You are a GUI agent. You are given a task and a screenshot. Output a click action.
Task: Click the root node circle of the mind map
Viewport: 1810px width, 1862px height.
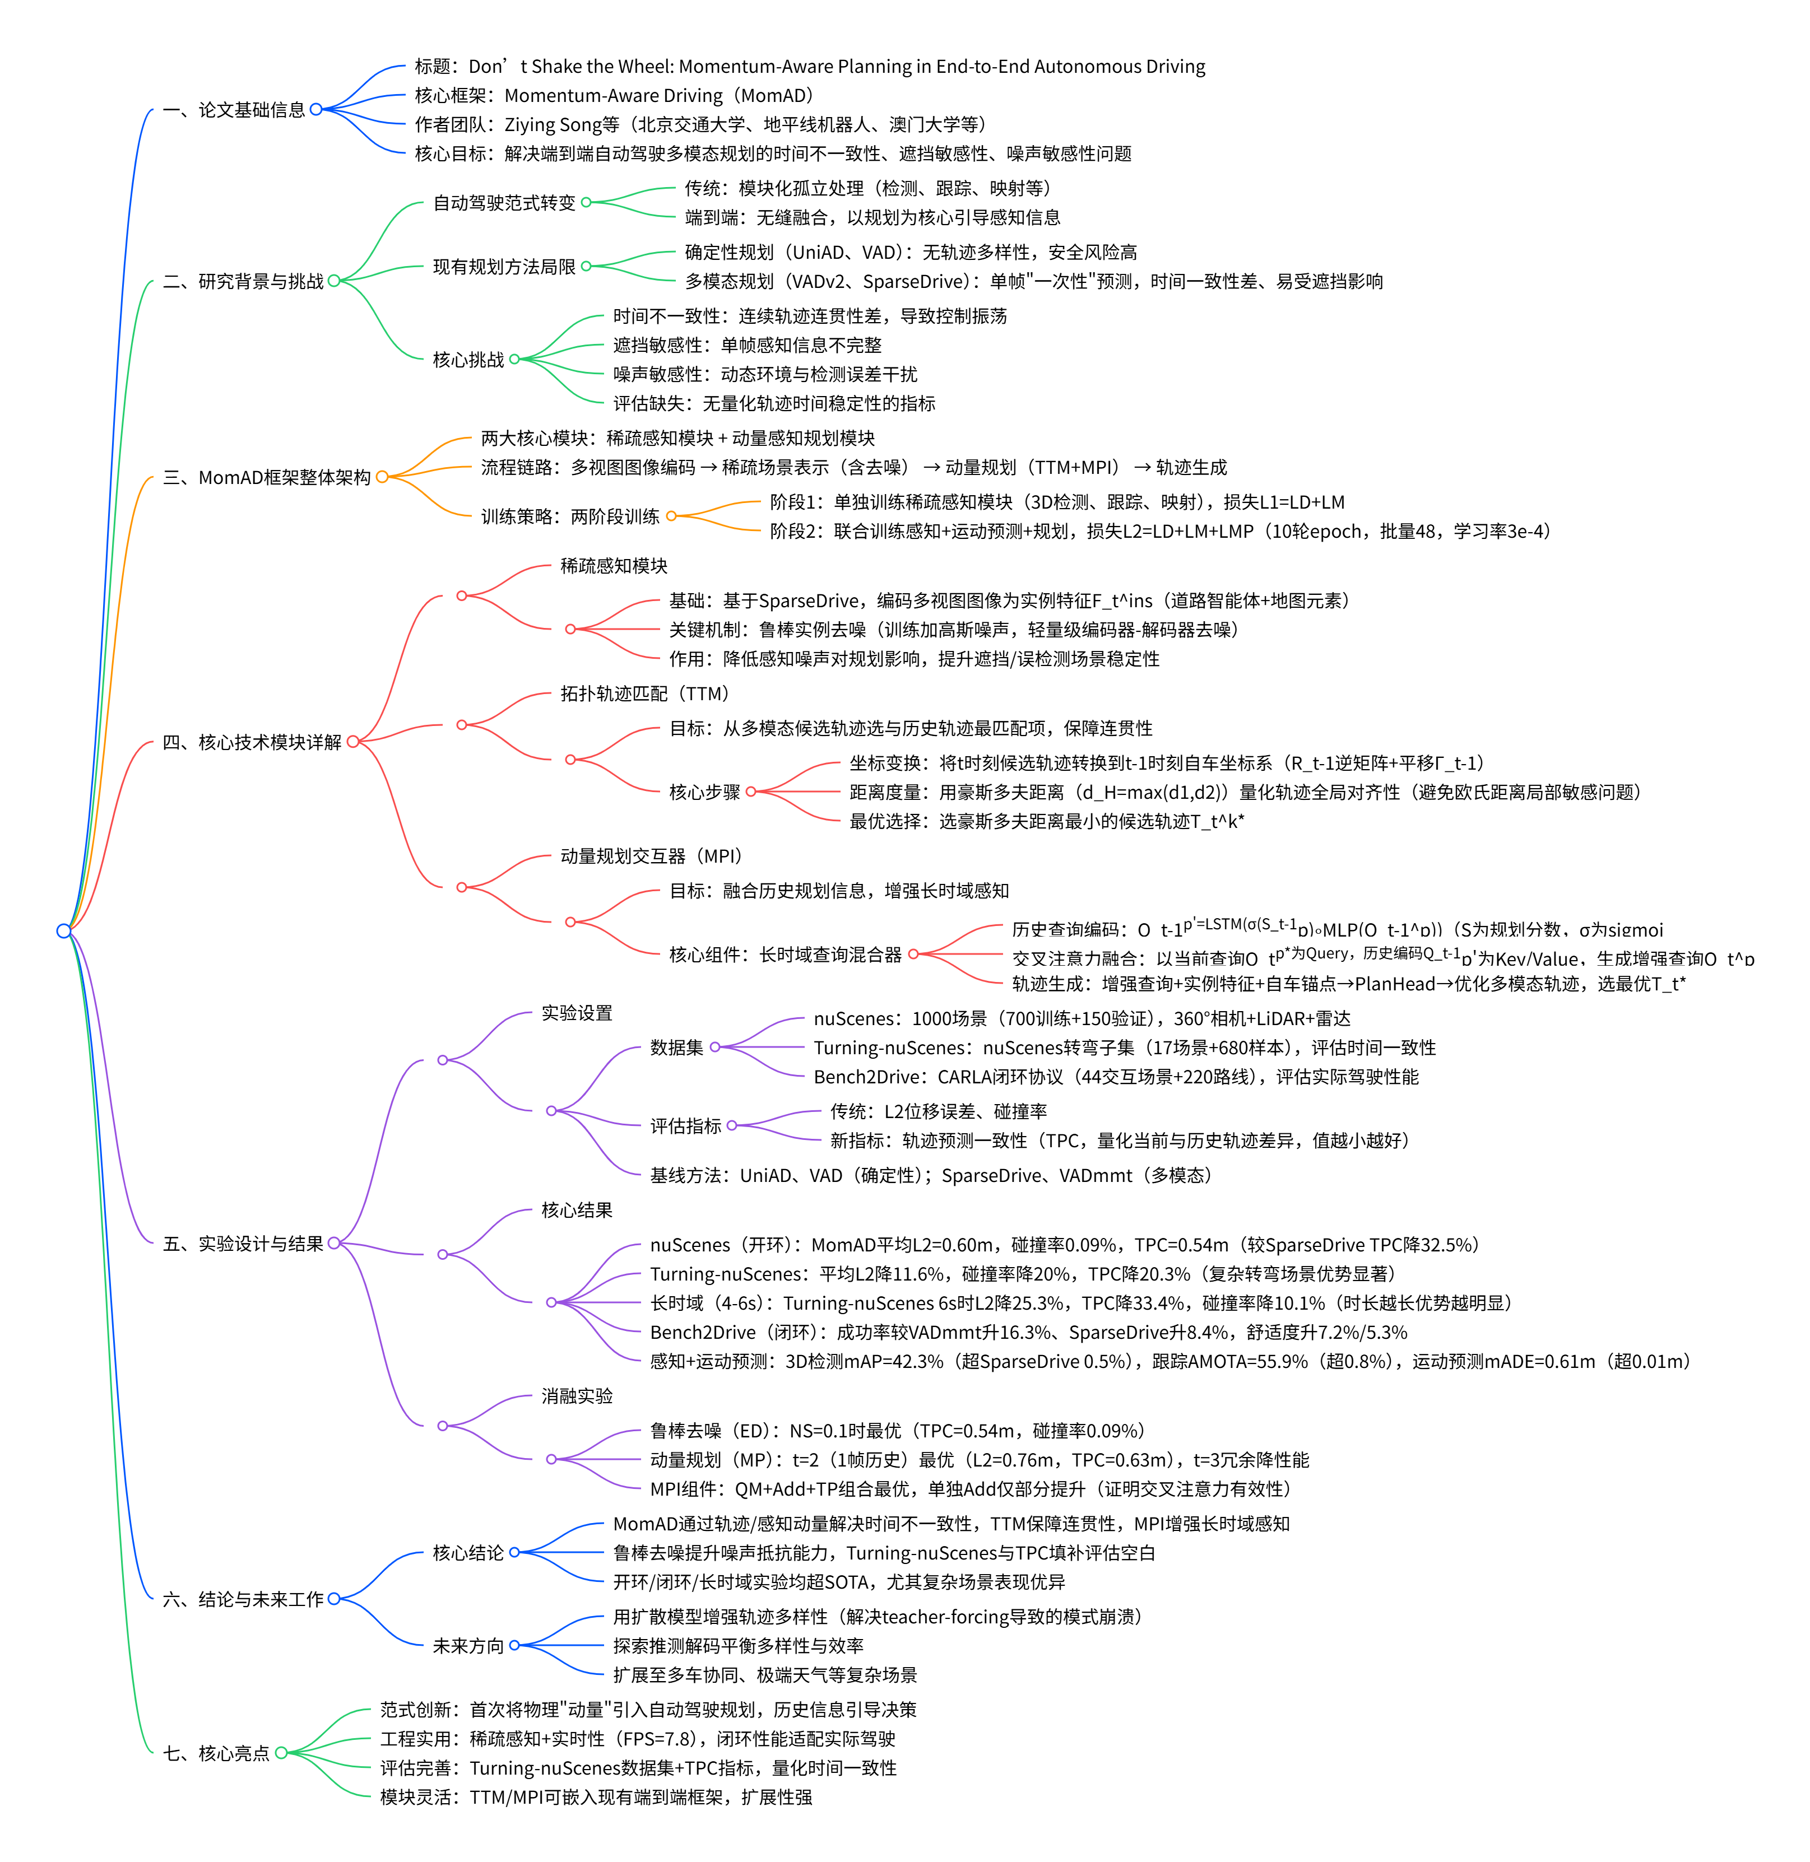coord(64,930)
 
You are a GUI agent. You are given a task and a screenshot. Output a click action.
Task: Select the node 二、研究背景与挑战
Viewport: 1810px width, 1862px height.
coord(243,281)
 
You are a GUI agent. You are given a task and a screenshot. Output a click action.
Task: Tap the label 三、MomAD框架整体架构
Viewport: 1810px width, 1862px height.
coord(267,477)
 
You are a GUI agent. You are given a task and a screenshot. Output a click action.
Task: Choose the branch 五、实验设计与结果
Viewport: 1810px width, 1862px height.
coord(243,1243)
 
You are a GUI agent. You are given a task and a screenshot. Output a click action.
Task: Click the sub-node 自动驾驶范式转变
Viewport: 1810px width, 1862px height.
coord(504,202)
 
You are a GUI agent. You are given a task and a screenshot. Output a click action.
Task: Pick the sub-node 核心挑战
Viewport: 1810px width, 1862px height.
coord(468,359)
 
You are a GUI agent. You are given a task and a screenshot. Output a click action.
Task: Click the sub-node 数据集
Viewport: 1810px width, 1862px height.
coord(677,1048)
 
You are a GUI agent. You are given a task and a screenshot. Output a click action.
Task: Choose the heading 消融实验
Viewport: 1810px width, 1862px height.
coord(577,1395)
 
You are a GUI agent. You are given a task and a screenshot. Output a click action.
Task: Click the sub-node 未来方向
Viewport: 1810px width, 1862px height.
coord(468,1645)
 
